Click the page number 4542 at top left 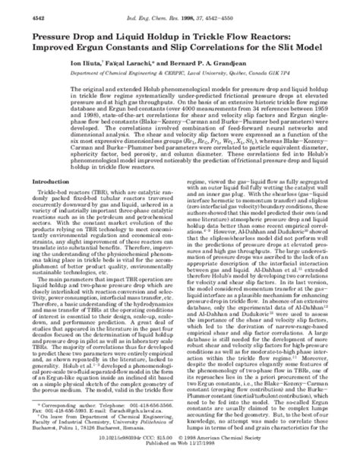pyautogui.click(x=17, y=7)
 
